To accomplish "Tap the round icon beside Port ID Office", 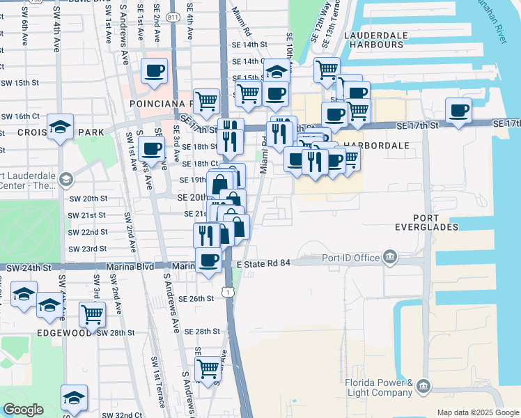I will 389,258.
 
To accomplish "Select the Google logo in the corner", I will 23,410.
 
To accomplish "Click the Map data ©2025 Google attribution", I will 477,412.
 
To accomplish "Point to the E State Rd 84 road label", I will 263,264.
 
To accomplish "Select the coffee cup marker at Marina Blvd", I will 208,261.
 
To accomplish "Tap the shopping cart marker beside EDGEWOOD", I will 92,313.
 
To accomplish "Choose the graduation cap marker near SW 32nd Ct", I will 74,397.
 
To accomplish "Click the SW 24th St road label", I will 29,268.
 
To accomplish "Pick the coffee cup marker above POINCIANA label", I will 154,70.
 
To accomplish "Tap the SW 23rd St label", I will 87,249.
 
